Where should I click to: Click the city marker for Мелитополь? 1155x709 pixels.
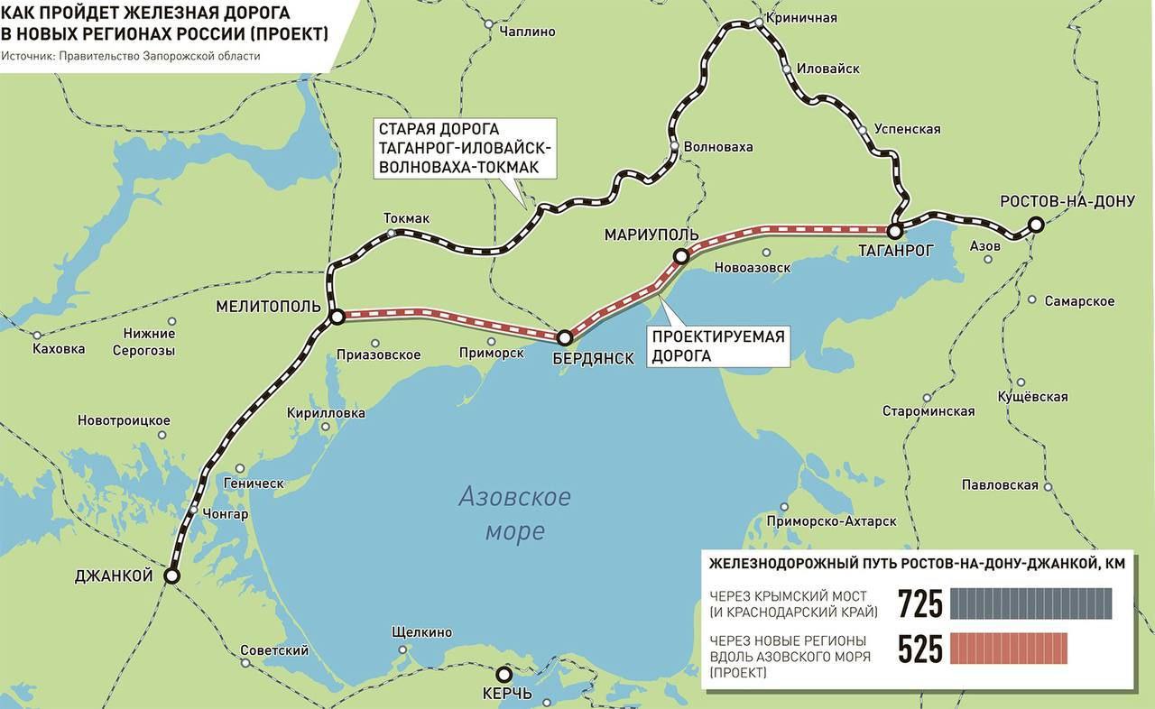coord(337,317)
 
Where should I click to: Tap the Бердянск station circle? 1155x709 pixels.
coord(565,338)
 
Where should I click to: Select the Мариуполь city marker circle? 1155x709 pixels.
coord(681,257)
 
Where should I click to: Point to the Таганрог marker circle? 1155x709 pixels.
coord(896,231)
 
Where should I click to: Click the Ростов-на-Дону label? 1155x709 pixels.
coord(1067,200)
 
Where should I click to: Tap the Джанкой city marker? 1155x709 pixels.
coord(171,575)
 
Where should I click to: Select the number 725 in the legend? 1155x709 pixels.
coord(919,604)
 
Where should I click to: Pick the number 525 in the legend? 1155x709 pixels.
coord(919,649)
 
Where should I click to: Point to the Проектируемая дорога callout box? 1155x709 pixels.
coord(718,346)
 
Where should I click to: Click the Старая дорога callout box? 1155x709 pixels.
coord(465,148)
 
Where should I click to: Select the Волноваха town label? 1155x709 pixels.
coord(718,147)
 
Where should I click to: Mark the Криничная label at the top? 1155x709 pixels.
coord(800,18)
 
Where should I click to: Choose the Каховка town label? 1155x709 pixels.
coord(59,349)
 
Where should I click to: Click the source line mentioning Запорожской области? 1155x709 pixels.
coord(131,56)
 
